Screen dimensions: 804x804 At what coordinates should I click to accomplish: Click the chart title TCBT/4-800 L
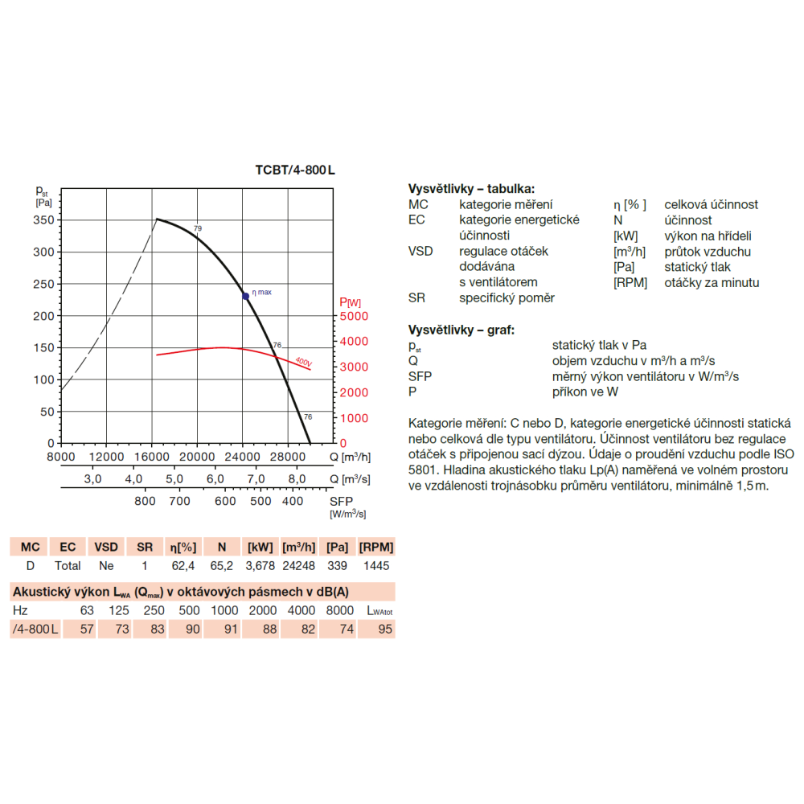tap(295, 170)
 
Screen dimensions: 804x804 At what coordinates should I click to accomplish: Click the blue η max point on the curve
tap(245, 297)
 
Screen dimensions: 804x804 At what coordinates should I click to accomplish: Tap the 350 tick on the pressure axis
tap(43, 220)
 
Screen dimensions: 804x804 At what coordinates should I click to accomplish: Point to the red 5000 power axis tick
tap(354, 316)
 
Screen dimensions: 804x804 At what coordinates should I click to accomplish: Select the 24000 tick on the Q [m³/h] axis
tap(243, 457)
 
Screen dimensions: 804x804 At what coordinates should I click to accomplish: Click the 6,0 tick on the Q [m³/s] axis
tap(215, 479)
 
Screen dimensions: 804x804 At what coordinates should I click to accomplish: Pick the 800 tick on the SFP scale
tap(145, 501)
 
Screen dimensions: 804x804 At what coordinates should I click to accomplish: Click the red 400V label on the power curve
tap(304, 362)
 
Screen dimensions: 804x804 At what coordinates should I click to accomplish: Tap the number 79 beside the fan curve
tap(198, 228)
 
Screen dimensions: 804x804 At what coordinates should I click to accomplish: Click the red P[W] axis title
tap(351, 302)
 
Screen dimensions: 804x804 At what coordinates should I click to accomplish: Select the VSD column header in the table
tap(106, 547)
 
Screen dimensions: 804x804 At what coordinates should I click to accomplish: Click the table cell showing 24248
tap(299, 565)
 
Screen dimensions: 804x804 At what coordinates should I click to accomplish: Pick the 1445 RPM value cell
tap(376, 565)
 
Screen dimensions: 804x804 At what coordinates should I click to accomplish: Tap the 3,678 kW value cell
tap(260, 565)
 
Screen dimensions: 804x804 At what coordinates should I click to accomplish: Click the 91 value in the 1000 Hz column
tap(232, 630)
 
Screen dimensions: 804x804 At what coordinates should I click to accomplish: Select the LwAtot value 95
tap(385, 630)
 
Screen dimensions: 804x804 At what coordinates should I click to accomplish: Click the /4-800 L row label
tap(35, 630)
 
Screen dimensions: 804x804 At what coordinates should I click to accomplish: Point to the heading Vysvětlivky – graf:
tap(461, 330)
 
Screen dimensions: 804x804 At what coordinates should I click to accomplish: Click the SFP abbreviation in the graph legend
tap(420, 376)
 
